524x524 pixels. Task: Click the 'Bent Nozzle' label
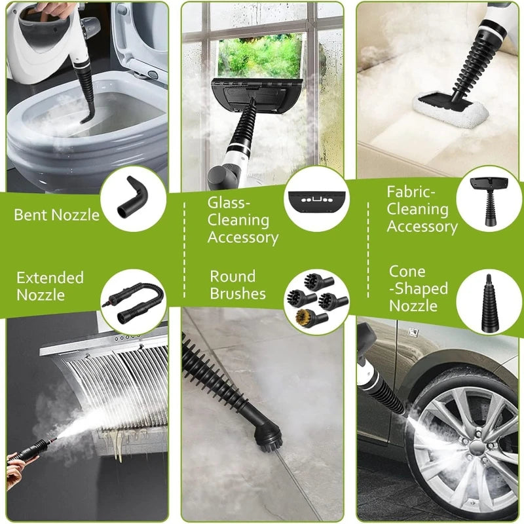[56, 214]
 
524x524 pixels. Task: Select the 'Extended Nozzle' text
[50, 286]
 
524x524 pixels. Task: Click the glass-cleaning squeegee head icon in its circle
[317, 197]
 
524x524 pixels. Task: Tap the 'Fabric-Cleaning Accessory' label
[422, 210]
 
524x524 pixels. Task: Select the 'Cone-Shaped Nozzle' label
[419, 288]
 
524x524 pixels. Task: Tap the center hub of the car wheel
[475, 447]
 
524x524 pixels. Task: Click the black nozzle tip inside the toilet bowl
[85, 119]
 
